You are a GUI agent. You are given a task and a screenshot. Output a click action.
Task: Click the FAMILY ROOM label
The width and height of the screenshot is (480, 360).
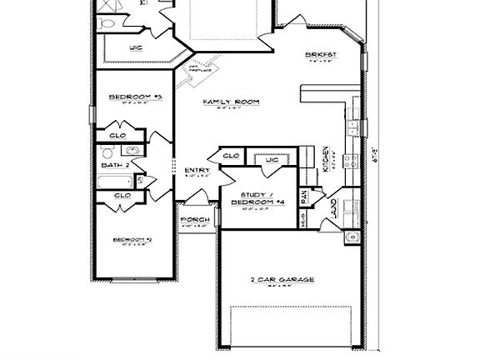[232, 102]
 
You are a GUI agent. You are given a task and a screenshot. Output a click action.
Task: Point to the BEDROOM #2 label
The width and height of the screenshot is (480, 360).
[132, 240]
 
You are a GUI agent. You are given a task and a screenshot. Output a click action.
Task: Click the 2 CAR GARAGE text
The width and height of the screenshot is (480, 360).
[282, 280]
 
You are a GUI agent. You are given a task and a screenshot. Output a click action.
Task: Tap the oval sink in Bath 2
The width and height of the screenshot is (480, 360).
[131, 151]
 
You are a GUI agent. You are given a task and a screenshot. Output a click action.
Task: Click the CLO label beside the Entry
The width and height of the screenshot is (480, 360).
[232, 156]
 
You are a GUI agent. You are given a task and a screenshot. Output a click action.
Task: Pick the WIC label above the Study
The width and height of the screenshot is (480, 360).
[272, 159]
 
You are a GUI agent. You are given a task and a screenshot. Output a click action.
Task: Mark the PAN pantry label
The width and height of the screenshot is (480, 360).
[305, 197]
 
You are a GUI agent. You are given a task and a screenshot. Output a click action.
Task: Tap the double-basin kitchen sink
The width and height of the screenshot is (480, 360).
[353, 127]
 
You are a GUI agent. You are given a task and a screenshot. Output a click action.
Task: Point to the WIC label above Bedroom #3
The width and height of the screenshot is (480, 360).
[135, 48]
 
